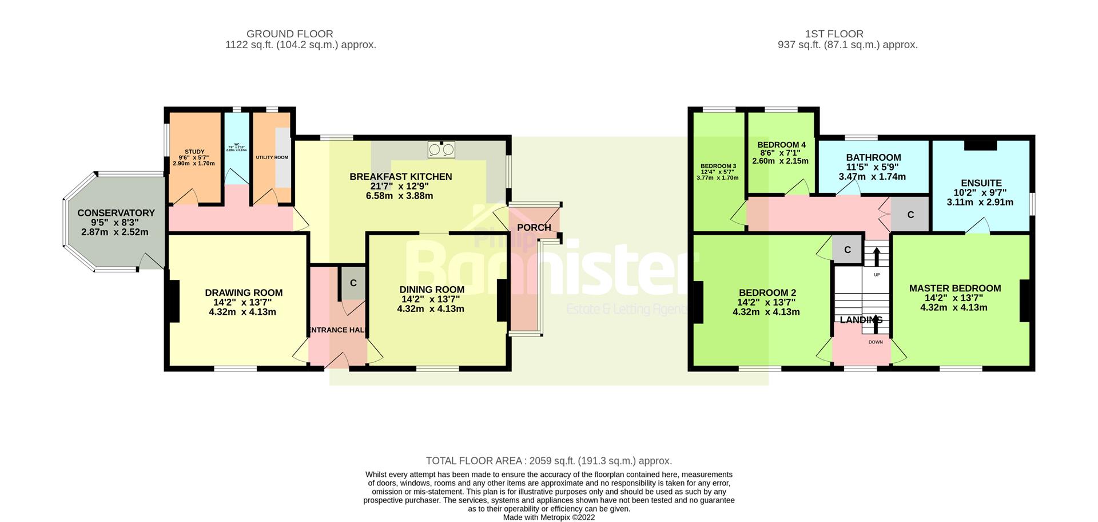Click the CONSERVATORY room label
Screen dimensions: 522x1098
point(116,213)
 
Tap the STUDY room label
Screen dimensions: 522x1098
point(194,152)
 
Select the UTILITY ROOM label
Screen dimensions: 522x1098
point(272,157)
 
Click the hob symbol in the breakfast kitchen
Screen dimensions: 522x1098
point(441,149)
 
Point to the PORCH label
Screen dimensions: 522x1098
point(534,228)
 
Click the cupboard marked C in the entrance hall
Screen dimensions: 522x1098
point(353,283)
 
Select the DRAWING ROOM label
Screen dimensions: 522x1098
point(244,293)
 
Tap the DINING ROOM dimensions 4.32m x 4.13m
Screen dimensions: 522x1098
point(431,309)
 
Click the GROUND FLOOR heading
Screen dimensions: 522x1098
point(289,34)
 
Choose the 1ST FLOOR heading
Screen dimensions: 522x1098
point(834,34)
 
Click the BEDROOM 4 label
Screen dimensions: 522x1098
point(781,145)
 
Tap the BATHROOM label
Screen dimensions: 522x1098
point(873,157)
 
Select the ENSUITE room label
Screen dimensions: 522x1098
point(981,183)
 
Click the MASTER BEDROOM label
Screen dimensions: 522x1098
point(955,288)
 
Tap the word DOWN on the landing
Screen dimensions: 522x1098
point(876,342)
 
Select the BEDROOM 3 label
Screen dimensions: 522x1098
point(718,166)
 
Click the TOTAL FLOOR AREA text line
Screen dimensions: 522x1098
point(549,461)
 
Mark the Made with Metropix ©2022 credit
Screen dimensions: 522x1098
point(549,517)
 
